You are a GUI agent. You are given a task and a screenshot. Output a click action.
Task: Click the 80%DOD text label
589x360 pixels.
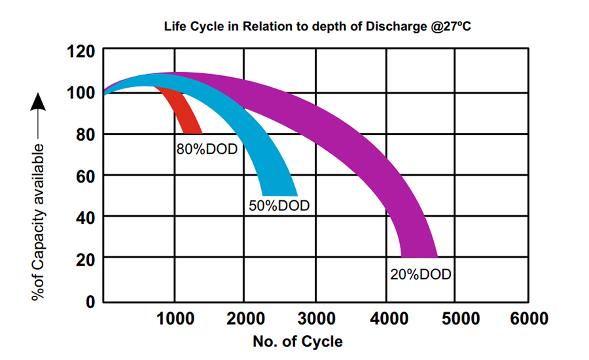206,149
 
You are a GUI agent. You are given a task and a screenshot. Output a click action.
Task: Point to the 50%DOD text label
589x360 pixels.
279,206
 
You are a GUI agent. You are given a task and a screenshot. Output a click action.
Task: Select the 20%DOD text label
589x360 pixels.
420,274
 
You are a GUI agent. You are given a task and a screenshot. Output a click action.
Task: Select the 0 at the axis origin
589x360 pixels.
90,302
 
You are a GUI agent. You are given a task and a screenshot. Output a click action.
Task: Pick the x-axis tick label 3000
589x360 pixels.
315,319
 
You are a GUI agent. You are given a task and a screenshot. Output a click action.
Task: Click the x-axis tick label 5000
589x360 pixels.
457,319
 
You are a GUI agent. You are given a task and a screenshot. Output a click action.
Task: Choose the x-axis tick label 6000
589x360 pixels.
527,319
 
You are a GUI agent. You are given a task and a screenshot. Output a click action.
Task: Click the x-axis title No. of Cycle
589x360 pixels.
297,342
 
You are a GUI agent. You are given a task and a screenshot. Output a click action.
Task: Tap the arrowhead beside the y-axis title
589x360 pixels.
39,102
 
